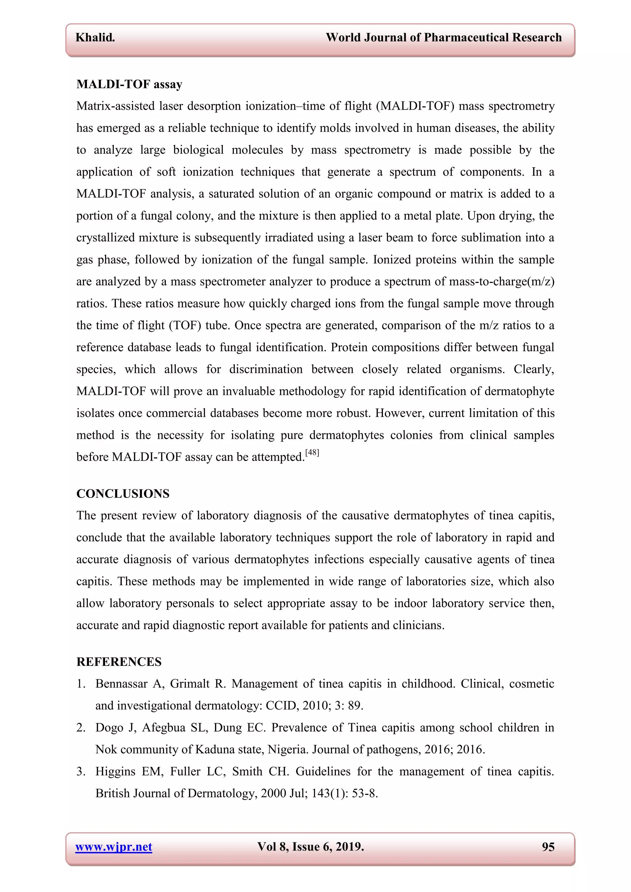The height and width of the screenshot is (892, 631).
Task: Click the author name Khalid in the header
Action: click(95, 37)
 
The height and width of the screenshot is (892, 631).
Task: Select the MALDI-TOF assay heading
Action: click(129, 84)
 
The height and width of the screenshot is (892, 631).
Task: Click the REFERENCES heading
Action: click(119, 662)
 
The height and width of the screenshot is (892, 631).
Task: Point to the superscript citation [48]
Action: click(312, 452)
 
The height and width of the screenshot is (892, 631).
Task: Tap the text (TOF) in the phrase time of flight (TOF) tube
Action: click(185, 325)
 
